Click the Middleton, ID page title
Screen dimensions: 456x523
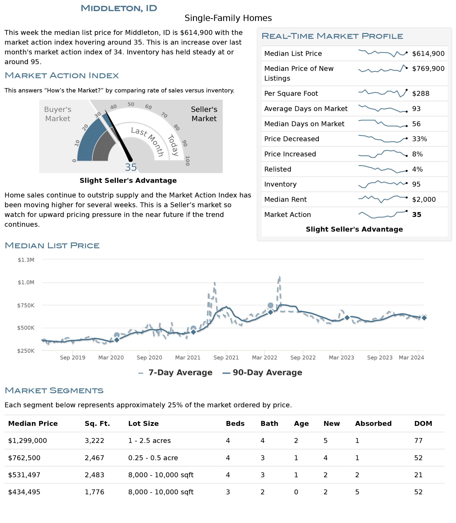(x=119, y=8)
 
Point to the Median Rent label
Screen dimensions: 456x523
(x=285, y=199)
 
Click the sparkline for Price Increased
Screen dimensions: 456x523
(x=382, y=154)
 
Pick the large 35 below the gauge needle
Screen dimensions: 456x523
(x=131, y=167)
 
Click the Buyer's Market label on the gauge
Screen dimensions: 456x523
(x=58, y=114)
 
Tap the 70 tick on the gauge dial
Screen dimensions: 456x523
(x=164, y=115)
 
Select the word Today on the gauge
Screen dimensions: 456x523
(x=173, y=145)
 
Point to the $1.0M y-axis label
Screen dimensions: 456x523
(x=26, y=282)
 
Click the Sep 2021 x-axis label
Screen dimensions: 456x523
(x=226, y=358)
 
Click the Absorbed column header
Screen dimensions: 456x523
(x=373, y=424)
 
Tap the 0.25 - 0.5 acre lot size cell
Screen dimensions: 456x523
(x=153, y=458)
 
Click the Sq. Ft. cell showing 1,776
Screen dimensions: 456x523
(x=94, y=492)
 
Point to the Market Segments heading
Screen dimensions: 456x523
(x=54, y=390)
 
